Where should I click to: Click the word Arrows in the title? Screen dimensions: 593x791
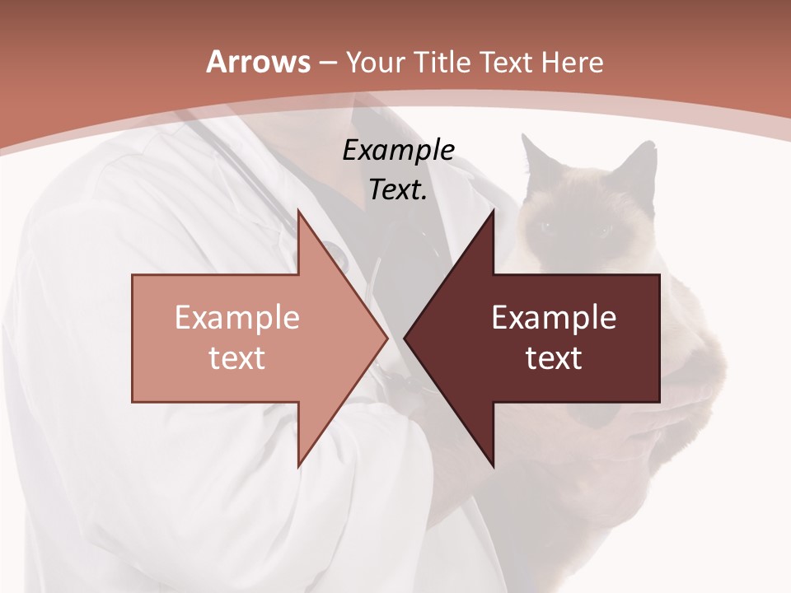pyautogui.click(x=258, y=62)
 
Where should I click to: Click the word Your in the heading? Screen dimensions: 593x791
pyautogui.click(x=375, y=62)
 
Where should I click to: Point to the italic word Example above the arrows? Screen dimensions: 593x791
pyautogui.click(x=399, y=150)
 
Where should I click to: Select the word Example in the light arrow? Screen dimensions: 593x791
pyautogui.click(x=237, y=318)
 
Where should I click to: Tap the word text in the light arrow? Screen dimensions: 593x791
pyautogui.click(x=237, y=357)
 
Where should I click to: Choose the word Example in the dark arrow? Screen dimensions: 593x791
pyautogui.click(x=554, y=318)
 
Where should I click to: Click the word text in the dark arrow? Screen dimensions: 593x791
pyautogui.click(x=554, y=357)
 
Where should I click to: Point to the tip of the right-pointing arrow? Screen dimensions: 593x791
pyautogui.click(x=387, y=338)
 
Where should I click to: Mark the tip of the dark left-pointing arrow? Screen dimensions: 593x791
pyautogui.click(x=405, y=338)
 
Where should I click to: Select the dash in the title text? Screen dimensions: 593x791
pyautogui.click(x=327, y=63)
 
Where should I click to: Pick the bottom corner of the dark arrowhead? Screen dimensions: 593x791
pyautogui.click(x=493, y=466)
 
